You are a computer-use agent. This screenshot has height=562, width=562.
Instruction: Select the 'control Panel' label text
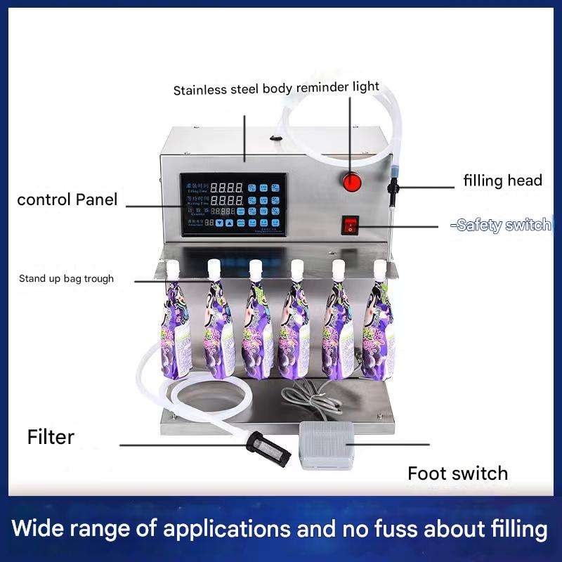point(67,200)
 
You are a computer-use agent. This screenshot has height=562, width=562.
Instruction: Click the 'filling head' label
point(502,181)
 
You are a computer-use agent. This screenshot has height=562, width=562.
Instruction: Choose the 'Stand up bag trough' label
point(66,279)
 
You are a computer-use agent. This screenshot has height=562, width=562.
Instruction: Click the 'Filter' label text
point(51,437)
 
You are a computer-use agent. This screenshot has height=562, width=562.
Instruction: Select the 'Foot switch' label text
point(457,473)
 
